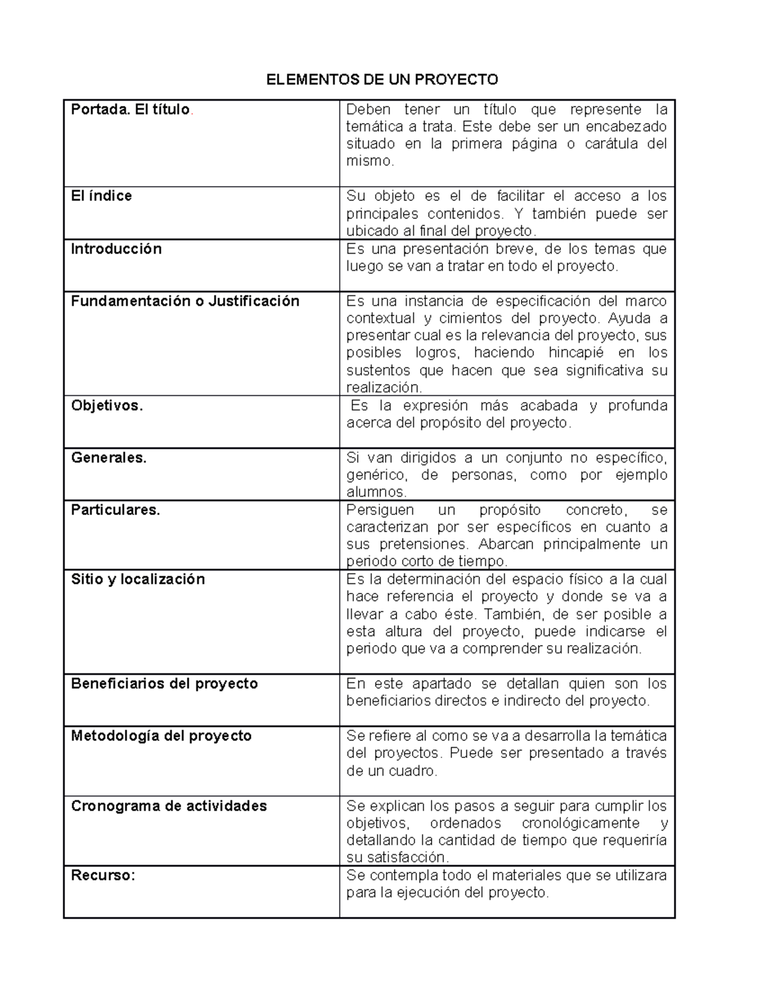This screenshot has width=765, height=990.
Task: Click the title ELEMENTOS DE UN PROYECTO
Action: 382,80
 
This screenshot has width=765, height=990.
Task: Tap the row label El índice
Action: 101,196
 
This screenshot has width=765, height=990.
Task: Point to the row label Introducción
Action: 116,249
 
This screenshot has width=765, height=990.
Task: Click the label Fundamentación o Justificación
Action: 185,301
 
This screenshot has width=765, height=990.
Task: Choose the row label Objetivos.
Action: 106,405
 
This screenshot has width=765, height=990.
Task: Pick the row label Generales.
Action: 108,458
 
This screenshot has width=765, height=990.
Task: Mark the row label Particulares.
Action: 115,510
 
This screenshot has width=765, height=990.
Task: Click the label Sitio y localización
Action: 138,579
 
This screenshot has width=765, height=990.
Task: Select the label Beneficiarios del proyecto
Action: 164,683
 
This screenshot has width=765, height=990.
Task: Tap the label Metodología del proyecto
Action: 161,736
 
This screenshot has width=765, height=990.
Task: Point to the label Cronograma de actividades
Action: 169,806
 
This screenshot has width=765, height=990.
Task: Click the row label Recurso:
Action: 103,875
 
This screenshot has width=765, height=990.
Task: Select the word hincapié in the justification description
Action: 576,353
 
